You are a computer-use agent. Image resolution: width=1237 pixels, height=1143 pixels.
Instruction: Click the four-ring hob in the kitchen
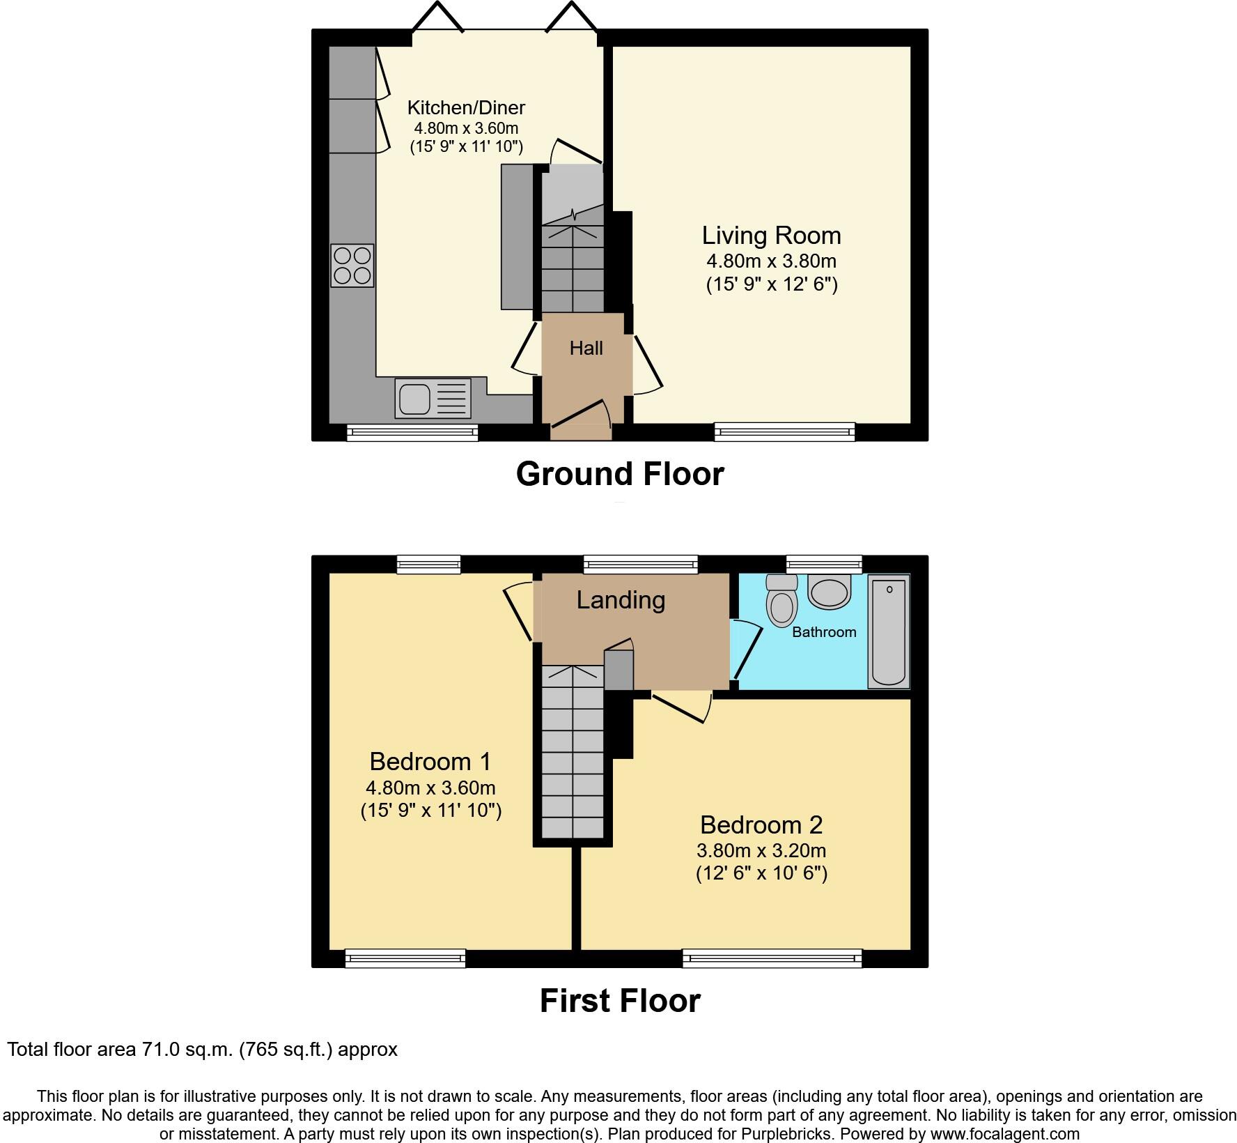[x=352, y=266]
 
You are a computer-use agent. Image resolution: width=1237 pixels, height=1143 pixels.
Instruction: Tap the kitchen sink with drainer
[x=433, y=399]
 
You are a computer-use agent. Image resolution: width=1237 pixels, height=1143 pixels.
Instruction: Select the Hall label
[x=586, y=348]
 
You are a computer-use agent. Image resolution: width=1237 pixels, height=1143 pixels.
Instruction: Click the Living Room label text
[x=771, y=236]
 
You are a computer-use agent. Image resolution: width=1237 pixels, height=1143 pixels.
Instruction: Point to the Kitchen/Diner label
[x=466, y=107]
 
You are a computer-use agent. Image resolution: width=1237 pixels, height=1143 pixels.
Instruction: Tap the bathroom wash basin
[x=830, y=591]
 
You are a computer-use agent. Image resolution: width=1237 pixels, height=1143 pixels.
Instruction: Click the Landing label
[x=621, y=600]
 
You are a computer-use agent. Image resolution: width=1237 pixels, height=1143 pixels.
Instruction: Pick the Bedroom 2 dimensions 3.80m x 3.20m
[x=761, y=850]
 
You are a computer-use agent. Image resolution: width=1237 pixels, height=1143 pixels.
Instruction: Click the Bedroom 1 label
[x=430, y=761]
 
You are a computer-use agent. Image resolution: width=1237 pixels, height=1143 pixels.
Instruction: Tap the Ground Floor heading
[x=620, y=474]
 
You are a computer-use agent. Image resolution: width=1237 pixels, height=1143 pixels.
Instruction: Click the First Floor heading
[x=620, y=1001]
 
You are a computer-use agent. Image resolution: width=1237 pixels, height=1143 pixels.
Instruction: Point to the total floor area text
[x=202, y=1050]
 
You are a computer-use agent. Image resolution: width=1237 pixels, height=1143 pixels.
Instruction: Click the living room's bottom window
[x=785, y=432]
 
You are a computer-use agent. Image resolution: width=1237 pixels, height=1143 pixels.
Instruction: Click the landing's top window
[x=640, y=564]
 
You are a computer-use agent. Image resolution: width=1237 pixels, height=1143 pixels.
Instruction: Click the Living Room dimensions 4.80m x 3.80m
[x=771, y=261]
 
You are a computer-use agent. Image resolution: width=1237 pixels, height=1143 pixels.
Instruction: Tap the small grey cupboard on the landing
[x=618, y=670]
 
